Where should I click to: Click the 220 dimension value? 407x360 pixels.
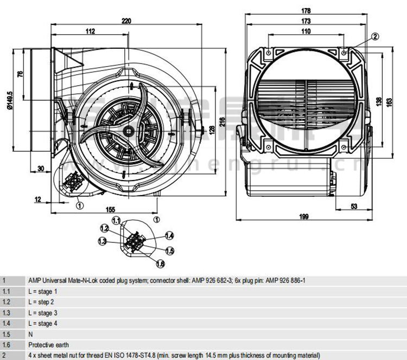[126, 21]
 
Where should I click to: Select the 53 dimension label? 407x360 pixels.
[354, 206]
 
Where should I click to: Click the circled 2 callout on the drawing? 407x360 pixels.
[374, 36]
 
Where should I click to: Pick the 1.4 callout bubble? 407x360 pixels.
[169, 235]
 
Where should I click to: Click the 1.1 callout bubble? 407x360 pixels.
[116, 220]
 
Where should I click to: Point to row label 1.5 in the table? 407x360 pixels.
[7, 334]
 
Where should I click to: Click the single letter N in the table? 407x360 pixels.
[30, 334]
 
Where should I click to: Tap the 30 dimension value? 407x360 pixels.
[41, 168]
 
